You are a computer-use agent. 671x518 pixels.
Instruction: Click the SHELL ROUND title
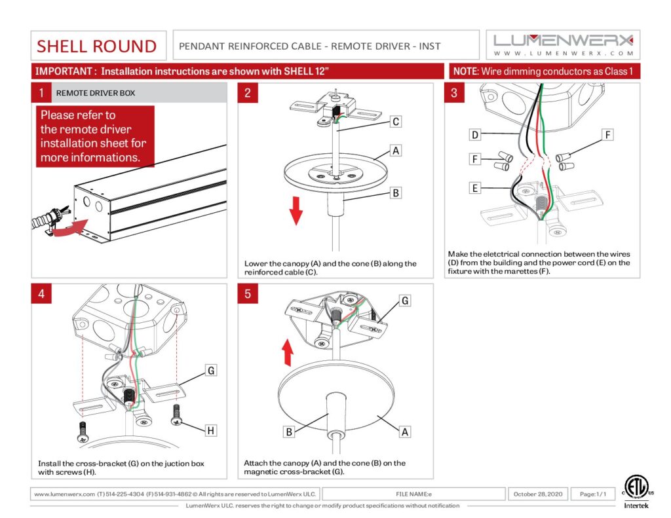tap(97, 46)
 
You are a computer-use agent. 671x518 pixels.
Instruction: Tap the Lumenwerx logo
tap(563, 44)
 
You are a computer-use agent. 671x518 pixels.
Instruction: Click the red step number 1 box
tap(41, 93)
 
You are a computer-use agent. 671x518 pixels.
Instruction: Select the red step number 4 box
tap(41, 294)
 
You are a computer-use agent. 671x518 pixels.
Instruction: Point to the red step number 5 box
tap(248, 294)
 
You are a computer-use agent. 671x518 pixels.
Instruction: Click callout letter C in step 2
tap(395, 121)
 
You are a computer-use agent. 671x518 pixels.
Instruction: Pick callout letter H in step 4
tap(211, 430)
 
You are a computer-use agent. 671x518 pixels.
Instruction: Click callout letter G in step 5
tap(406, 301)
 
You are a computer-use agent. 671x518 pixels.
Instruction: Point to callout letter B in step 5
tap(290, 431)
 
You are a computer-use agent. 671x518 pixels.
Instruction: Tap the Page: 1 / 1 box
tap(592, 494)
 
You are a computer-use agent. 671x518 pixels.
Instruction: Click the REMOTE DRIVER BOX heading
tap(96, 93)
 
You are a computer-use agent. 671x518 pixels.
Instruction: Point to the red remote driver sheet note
tap(95, 136)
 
